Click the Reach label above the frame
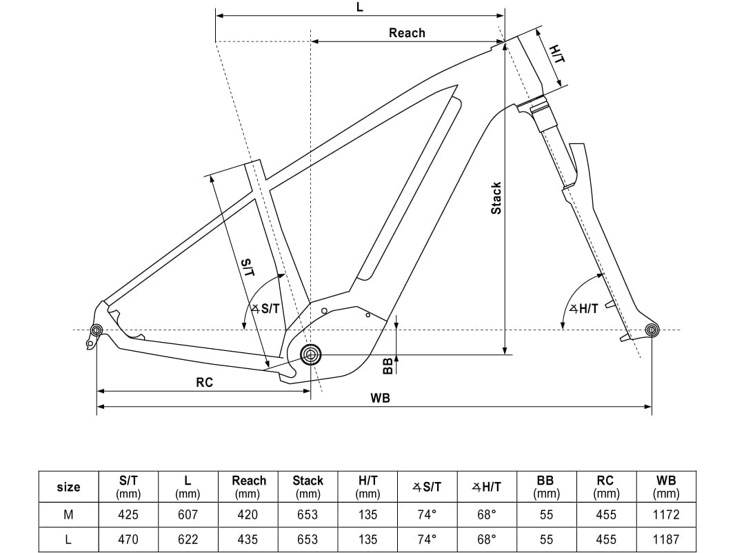pos(407,33)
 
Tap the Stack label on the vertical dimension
pos(496,198)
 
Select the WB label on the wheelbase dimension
pos(380,398)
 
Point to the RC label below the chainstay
pos(204,383)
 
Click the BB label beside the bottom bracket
pos(387,366)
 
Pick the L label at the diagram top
pos(359,7)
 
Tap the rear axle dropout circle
pos(97,330)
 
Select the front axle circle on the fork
pos(652,330)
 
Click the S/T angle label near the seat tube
pos(265,308)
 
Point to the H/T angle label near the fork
pos(584,308)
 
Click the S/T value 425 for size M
pos(128,514)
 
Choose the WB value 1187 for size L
pos(665,539)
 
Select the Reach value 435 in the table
pos(248,539)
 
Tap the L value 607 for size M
pos(188,514)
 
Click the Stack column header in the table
pos(308,486)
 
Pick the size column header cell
pos(68,487)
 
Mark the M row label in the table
pos(68,514)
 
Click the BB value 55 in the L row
pos(546,539)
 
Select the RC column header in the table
pos(605,486)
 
